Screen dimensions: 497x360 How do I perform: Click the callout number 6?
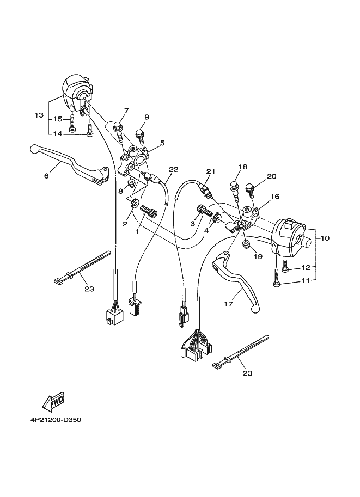46,176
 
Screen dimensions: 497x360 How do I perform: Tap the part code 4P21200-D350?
53,420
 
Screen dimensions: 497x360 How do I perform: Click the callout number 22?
173,169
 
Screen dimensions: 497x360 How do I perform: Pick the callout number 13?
38,115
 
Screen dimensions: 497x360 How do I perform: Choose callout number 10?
325,238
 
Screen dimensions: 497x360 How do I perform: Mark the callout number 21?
210,171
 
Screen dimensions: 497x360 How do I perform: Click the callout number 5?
162,143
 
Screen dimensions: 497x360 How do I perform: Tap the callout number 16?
274,197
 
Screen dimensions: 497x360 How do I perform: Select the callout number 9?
147,117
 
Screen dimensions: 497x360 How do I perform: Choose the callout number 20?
272,176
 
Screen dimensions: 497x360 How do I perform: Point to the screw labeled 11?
277,279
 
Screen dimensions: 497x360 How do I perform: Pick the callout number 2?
125,224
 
